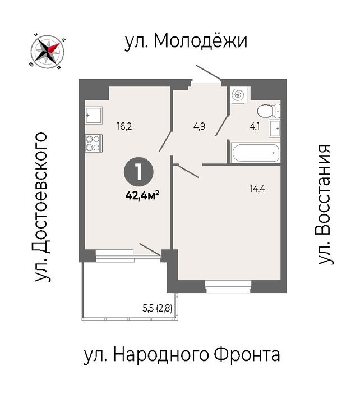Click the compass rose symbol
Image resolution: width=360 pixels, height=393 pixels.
47,52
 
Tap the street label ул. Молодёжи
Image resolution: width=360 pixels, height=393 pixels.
186,42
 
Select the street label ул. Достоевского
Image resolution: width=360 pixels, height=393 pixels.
41,207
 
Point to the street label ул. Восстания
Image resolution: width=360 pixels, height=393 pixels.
325,204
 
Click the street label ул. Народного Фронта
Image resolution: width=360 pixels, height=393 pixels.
182,355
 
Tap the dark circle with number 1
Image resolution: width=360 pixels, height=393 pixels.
139,172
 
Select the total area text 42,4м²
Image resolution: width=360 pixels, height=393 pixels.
142,195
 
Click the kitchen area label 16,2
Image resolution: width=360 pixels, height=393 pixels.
124,126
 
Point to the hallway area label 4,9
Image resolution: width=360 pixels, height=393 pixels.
199,126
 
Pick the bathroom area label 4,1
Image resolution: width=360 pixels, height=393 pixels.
255,127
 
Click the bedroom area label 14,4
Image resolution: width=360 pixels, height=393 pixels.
257,188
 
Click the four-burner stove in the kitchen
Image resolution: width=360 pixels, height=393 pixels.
94,143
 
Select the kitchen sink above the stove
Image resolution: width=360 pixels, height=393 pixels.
94,115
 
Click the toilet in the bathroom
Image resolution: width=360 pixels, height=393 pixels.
269,111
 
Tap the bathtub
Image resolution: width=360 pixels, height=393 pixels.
255,153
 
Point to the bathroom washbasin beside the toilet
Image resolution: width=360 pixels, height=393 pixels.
274,129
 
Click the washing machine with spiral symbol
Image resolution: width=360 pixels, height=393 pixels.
238,95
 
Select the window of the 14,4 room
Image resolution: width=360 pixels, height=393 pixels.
228,286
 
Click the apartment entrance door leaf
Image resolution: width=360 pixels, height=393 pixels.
208,72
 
